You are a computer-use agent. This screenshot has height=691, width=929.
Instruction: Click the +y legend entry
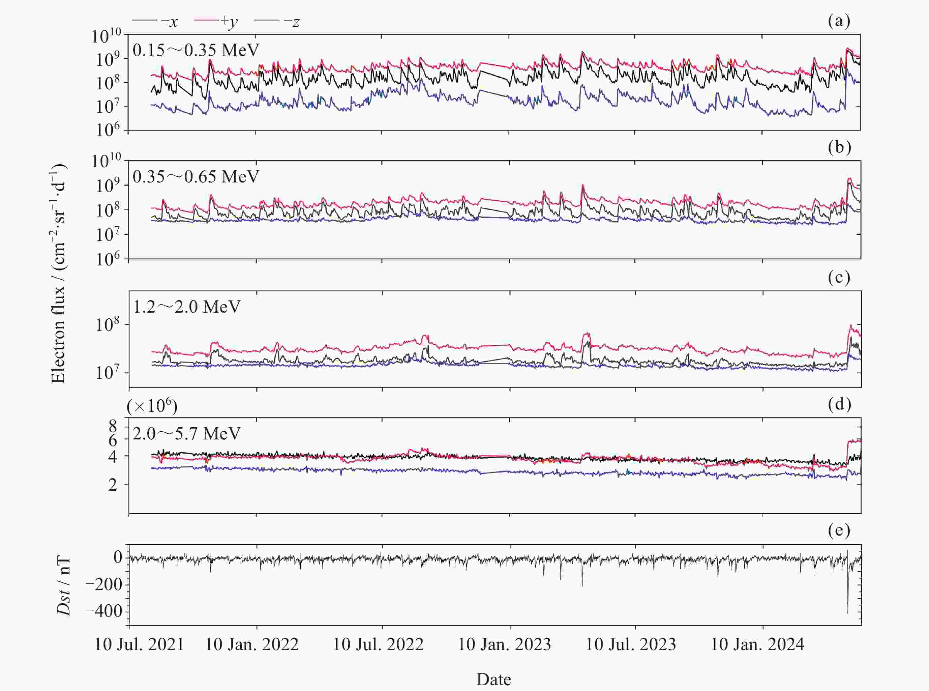pyautogui.click(x=216, y=21)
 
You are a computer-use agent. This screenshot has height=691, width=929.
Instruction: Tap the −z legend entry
pyautogui.click(x=278, y=21)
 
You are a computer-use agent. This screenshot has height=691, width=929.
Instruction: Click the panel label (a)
pyautogui.click(x=839, y=21)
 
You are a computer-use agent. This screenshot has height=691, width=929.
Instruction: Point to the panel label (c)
pyautogui.click(x=839, y=277)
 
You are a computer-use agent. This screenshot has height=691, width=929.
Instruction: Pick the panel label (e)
pyautogui.click(x=839, y=530)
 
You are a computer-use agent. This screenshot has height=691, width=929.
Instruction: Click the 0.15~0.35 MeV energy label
pyautogui.click(x=196, y=50)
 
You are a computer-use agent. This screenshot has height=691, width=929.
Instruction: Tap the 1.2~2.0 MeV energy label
pyautogui.click(x=186, y=307)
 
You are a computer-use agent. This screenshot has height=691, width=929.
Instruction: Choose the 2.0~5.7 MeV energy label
pyautogui.click(x=186, y=433)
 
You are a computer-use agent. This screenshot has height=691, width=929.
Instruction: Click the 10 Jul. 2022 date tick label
pyautogui.click(x=378, y=644)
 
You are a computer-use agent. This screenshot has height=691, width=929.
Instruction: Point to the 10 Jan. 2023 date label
pyautogui.click(x=505, y=644)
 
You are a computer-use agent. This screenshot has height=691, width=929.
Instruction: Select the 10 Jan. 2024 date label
pyautogui.click(x=757, y=644)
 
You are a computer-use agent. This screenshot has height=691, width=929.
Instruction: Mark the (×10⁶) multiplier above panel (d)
pyautogui.click(x=152, y=406)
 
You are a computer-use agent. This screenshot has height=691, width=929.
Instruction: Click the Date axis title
pyautogui.click(x=494, y=679)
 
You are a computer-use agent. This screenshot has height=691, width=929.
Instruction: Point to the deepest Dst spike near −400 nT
pyautogui.click(x=847, y=612)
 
